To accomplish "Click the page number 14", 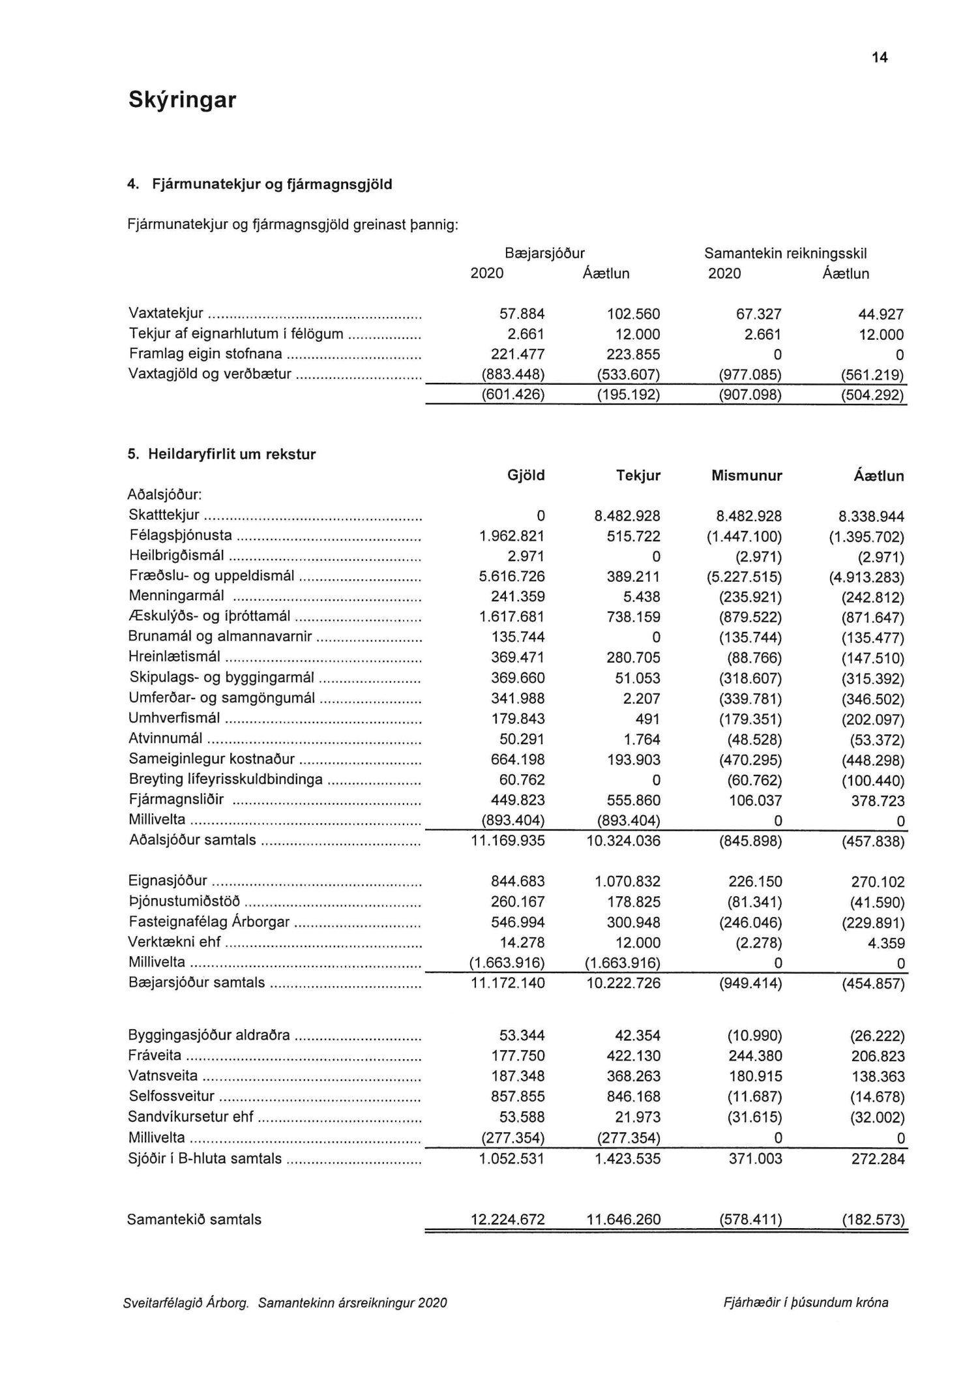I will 879,58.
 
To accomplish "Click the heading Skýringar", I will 181,100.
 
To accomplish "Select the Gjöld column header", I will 526,475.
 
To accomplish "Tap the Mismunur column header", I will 747,476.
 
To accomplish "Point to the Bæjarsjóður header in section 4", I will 544,253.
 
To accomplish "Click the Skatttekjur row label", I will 164,515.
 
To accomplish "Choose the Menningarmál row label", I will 177,596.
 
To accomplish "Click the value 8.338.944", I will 871,517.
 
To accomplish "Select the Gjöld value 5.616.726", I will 512,577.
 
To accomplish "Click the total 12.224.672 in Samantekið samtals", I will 508,1220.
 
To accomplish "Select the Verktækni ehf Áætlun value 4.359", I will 886,943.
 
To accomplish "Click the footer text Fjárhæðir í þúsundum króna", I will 806,1302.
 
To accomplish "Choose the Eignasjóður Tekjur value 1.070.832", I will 627,882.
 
